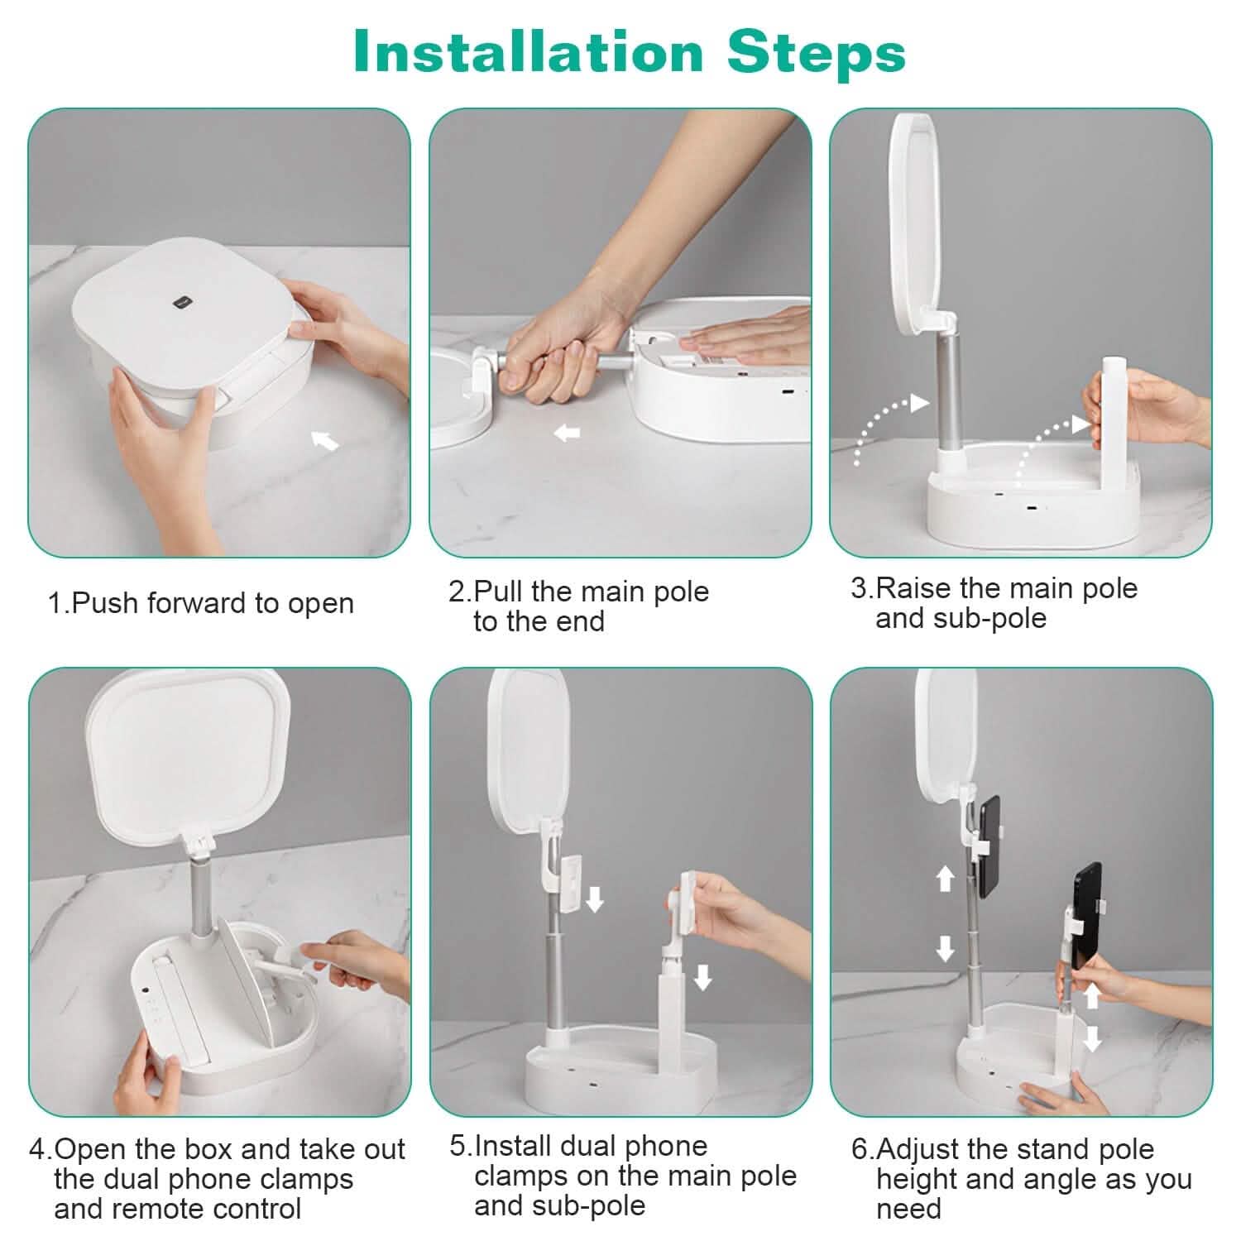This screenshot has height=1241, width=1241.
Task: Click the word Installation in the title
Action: tap(528, 51)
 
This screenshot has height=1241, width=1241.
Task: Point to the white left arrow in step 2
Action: tap(567, 432)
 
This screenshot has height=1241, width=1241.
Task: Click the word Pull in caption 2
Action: tap(500, 592)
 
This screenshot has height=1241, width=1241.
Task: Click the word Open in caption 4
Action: tap(90, 1151)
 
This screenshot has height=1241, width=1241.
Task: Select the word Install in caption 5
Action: tap(513, 1146)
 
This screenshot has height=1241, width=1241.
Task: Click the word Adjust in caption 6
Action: tap(918, 1151)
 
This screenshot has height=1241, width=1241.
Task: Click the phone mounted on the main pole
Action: tap(989, 847)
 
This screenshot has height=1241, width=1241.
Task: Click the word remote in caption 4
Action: tap(166, 1209)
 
